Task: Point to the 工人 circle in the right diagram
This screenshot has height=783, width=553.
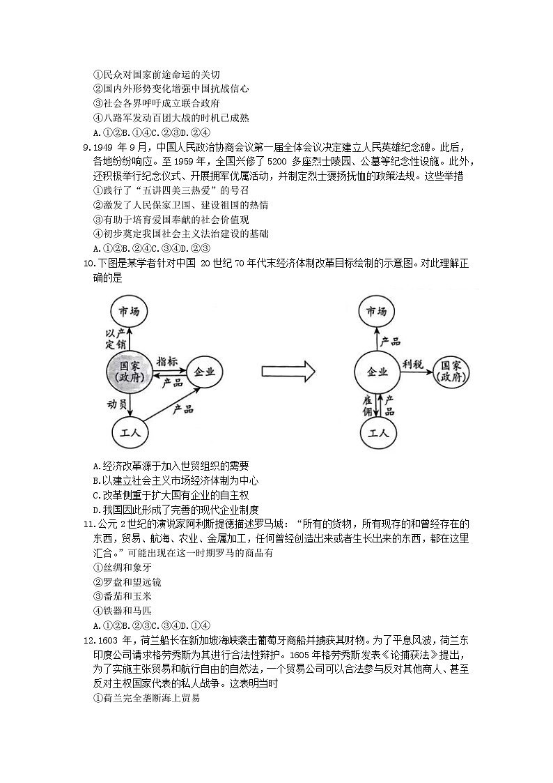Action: pos(379,433)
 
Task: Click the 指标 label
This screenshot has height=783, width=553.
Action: pos(167,360)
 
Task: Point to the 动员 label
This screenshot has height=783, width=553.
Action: pos(116,404)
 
